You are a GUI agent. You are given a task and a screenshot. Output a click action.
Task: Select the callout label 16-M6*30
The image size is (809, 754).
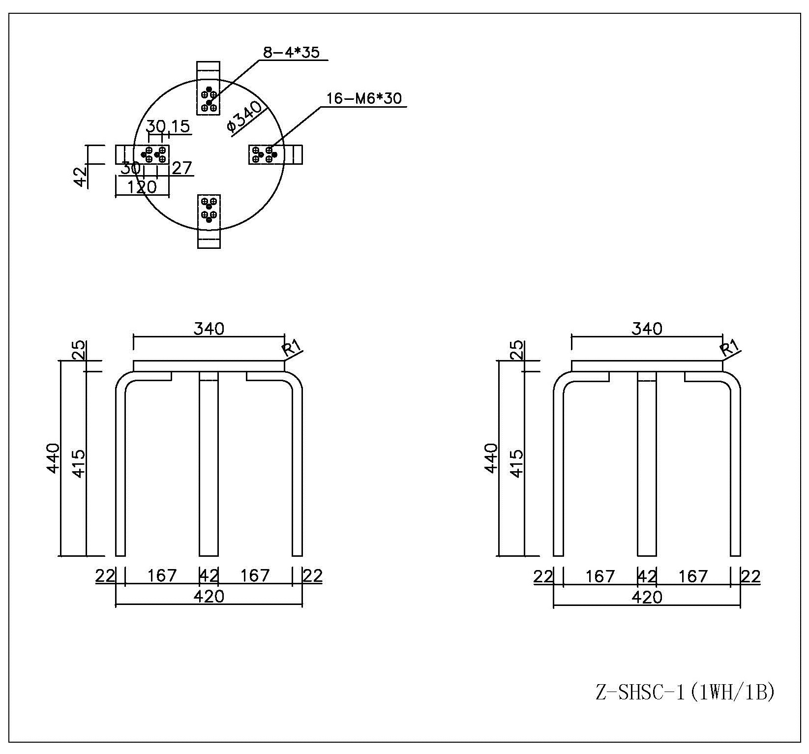(364, 98)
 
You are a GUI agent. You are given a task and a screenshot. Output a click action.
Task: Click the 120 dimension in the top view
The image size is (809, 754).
(142, 187)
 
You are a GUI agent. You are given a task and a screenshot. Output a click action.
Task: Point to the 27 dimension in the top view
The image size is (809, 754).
(181, 168)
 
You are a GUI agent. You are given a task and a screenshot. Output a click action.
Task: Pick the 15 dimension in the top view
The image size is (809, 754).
(180, 126)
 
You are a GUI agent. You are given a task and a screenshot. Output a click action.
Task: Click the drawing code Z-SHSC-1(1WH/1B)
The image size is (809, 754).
(685, 693)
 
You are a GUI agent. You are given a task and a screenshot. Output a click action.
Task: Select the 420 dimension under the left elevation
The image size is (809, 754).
(209, 596)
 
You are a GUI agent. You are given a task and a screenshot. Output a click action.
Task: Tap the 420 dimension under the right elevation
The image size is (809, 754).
(647, 597)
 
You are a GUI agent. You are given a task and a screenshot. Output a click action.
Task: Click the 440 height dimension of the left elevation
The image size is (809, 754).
(53, 458)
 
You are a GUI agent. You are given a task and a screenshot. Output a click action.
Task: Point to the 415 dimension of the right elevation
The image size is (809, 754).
(516, 463)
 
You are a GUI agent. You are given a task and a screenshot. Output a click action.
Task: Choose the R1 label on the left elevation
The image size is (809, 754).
(292, 349)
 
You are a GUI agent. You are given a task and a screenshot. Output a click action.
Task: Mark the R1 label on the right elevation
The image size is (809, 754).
(729, 349)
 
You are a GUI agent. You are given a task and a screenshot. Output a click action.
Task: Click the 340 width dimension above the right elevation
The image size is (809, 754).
(647, 329)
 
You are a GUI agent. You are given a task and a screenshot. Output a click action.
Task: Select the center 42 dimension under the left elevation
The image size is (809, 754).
(209, 575)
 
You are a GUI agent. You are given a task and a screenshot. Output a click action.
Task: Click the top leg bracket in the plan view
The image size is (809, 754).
(209, 89)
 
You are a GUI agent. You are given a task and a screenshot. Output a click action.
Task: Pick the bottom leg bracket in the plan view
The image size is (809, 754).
(209, 221)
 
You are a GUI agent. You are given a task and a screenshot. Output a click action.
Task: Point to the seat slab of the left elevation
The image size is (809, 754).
(209, 366)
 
